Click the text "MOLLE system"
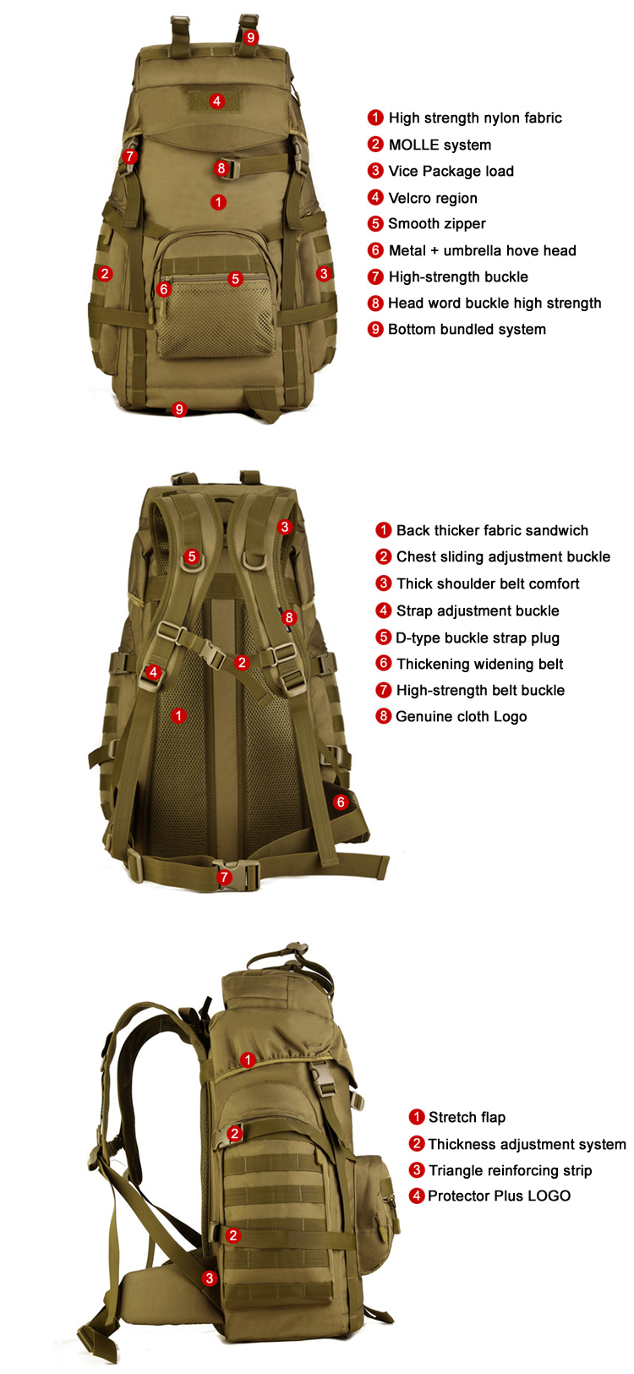439,145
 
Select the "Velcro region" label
432,198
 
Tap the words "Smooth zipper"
436,224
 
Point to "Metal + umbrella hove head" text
482,250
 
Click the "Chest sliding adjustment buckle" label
503,556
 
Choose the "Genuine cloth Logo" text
461,716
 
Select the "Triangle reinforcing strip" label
510,1170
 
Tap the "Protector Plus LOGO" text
499,1196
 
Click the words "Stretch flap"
467,1117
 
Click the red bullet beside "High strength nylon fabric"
375,118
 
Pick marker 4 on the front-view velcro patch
217,101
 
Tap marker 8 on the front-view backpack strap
221,167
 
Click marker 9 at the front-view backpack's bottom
178,409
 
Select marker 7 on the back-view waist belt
224,878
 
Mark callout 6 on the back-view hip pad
341,802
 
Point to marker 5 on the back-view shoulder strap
192,556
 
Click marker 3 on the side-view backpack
210,1278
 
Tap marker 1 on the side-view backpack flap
248,1059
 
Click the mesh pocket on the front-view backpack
215,321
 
